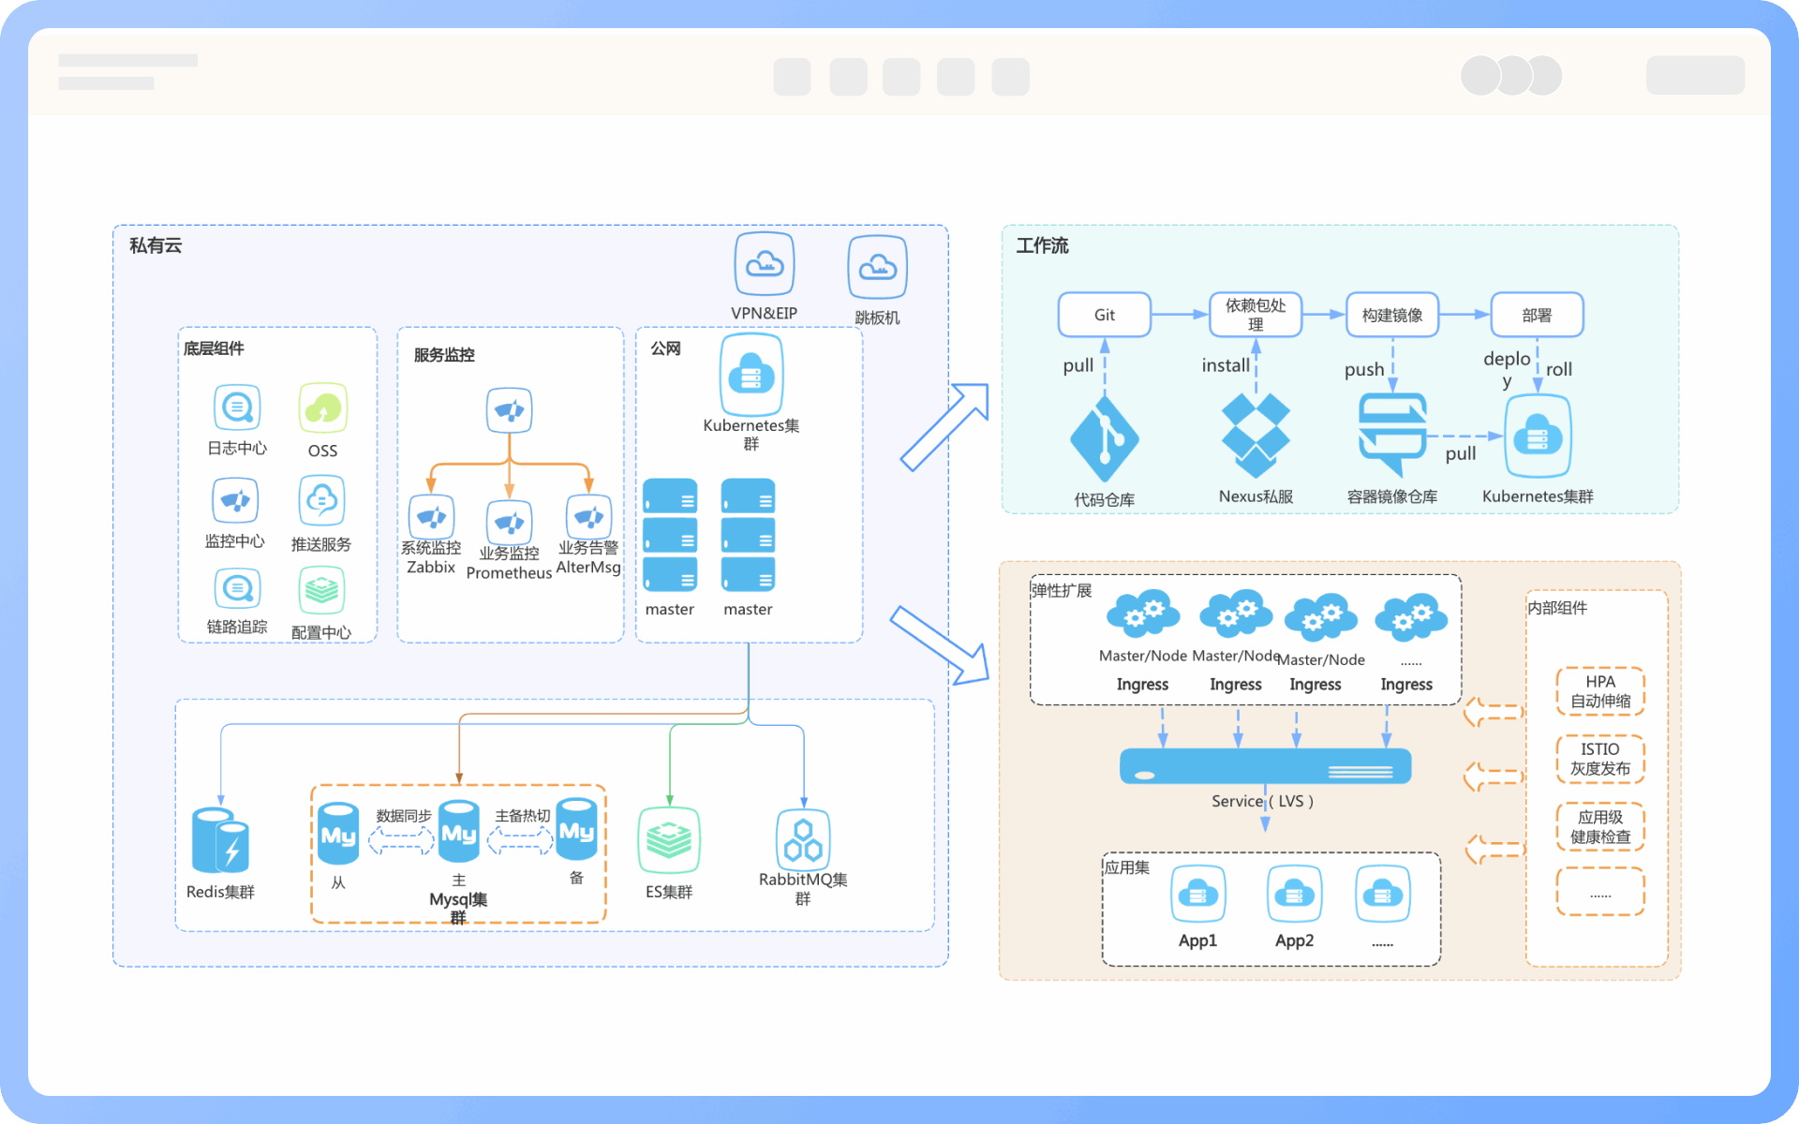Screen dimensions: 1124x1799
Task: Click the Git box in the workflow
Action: tap(1104, 315)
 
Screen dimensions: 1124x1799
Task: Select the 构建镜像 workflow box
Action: tap(1391, 315)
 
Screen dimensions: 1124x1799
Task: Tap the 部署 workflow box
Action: tap(1537, 315)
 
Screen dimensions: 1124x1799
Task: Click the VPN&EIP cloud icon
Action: tap(765, 265)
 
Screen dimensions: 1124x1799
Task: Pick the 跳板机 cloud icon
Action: tap(877, 268)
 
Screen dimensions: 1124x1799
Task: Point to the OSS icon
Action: tap(323, 408)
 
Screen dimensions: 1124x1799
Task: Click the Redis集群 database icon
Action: tap(219, 840)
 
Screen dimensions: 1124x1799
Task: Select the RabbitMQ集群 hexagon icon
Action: tap(803, 839)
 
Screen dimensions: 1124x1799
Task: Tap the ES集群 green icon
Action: tap(669, 839)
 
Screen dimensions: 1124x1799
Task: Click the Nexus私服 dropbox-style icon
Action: tap(1256, 435)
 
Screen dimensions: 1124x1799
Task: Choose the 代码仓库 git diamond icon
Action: tap(1104, 438)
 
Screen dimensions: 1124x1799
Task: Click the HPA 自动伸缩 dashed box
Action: tap(1599, 691)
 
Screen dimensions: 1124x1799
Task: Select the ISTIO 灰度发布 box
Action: tap(1599, 759)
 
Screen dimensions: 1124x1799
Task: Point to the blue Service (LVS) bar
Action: tap(1265, 766)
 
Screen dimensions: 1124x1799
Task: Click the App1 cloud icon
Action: tap(1197, 895)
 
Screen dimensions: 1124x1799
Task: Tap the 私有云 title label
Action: tap(156, 245)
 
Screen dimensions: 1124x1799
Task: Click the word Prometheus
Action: tap(509, 573)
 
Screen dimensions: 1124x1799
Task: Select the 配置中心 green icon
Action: tap(321, 591)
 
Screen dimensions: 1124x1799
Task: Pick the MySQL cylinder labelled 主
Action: tap(459, 831)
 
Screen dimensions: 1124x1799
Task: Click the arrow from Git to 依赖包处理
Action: tap(1179, 315)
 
